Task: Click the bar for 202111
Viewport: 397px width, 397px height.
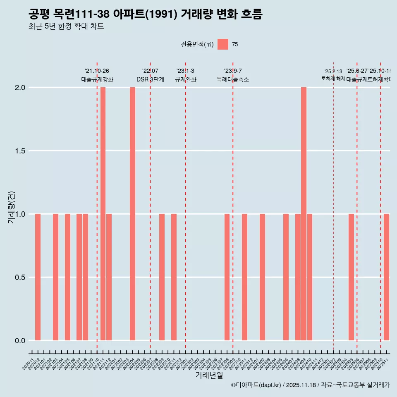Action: (103, 214)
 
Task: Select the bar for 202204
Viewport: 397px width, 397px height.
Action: (132, 214)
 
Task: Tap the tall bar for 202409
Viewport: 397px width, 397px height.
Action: (304, 214)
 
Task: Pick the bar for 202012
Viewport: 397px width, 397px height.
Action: (38, 277)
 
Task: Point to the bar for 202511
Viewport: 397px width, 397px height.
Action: (386, 277)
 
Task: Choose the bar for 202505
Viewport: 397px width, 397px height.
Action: (351, 277)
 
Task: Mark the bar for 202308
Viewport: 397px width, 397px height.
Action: (227, 277)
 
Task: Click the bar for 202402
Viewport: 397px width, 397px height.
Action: (262, 277)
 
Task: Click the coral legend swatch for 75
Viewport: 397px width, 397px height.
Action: (223, 44)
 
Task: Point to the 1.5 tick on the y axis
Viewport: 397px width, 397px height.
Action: (20, 151)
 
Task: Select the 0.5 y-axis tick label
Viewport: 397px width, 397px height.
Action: (20, 277)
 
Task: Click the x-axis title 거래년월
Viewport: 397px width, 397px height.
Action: (209, 375)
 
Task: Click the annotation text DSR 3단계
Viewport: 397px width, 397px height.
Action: (150, 80)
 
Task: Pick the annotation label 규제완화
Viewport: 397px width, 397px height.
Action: (186, 80)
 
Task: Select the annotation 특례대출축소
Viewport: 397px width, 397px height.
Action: (233, 80)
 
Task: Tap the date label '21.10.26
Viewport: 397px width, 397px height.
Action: (97, 71)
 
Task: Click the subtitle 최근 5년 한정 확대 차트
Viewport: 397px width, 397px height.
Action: (66, 26)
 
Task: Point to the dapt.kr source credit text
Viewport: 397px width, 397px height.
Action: (310, 385)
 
